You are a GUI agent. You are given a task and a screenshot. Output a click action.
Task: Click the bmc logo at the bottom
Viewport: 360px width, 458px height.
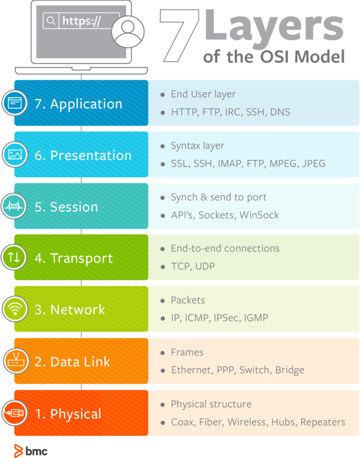pyautogui.click(x=31, y=451)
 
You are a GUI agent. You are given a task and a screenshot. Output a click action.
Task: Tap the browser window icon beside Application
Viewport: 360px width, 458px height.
pyautogui.click(x=14, y=103)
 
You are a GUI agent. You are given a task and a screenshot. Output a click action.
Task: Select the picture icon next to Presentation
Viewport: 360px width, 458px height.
pyautogui.click(x=15, y=154)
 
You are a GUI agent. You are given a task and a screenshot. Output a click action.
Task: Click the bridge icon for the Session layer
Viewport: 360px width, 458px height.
pyautogui.click(x=14, y=206)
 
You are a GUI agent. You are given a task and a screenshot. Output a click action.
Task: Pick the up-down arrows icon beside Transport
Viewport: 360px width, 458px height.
pyautogui.click(x=14, y=257)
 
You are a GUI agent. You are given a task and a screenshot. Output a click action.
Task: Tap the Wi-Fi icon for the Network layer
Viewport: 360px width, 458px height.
pyautogui.click(x=15, y=309)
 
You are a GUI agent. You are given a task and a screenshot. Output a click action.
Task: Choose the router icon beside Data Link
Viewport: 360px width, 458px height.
pyautogui.click(x=16, y=361)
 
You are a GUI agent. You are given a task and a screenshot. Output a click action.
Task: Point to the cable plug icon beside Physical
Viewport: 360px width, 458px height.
pyautogui.click(x=14, y=412)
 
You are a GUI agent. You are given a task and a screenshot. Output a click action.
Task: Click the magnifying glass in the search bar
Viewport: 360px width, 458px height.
pyautogui.click(x=51, y=21)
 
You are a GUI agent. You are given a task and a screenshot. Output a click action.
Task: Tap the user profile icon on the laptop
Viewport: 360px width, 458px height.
pyautogui.click(x=128, y=32)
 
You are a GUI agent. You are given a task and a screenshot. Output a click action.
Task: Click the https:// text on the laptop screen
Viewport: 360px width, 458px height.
pyautogui.click(x=82, y=21)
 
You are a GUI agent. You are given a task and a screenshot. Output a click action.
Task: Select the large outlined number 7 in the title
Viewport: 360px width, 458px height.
pyautogui.click(x=179, y=35)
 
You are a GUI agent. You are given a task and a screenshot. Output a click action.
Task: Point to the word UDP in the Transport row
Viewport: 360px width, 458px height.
pyautogui.click(x=205, y=266)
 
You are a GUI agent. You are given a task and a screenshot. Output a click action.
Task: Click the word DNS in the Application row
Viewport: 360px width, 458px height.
pyautogui.click(x=280, y=112)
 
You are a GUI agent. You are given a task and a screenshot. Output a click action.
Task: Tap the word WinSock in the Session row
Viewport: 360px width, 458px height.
pyautogui.click(x=259, y=215)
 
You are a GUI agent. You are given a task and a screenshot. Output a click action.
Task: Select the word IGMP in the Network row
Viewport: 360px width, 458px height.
pyautogui.click(x=256, y=318)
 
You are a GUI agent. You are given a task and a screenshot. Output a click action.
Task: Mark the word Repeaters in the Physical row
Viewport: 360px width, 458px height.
pyautogui.click(x=323, y=422)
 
